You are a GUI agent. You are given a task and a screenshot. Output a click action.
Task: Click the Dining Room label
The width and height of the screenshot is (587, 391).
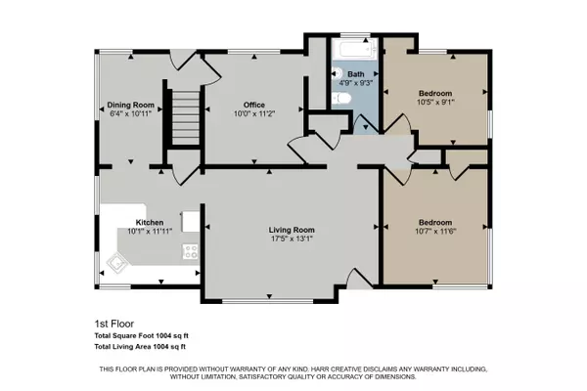(131, 105)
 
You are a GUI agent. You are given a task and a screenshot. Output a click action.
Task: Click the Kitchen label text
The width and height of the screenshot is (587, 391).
(150, 223)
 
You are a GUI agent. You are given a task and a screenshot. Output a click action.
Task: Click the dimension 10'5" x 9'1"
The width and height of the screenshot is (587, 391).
(435, 101)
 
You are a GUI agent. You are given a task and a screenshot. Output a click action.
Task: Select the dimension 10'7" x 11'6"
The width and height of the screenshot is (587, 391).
(434, 232)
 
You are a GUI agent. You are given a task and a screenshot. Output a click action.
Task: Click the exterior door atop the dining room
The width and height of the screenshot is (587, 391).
(181, 58)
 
